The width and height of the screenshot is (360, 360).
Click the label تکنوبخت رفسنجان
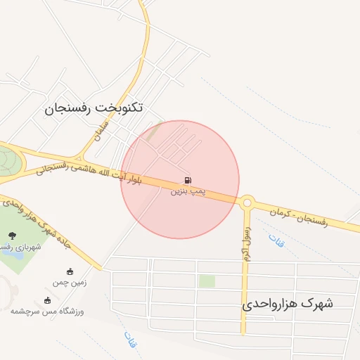[x=94, y=108]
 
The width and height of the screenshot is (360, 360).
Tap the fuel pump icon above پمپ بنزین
[x=187, y=180]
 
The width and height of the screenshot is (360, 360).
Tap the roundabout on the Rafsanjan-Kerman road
[x=247, y=202]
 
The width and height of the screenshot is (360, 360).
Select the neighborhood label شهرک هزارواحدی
[x=288, y=304]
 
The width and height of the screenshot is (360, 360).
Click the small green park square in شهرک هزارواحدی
[x=207, y=281]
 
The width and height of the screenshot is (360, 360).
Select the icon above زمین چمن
[x=69, y=271]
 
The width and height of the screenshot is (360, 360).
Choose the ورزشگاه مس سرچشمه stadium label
[x=47, y=311]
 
